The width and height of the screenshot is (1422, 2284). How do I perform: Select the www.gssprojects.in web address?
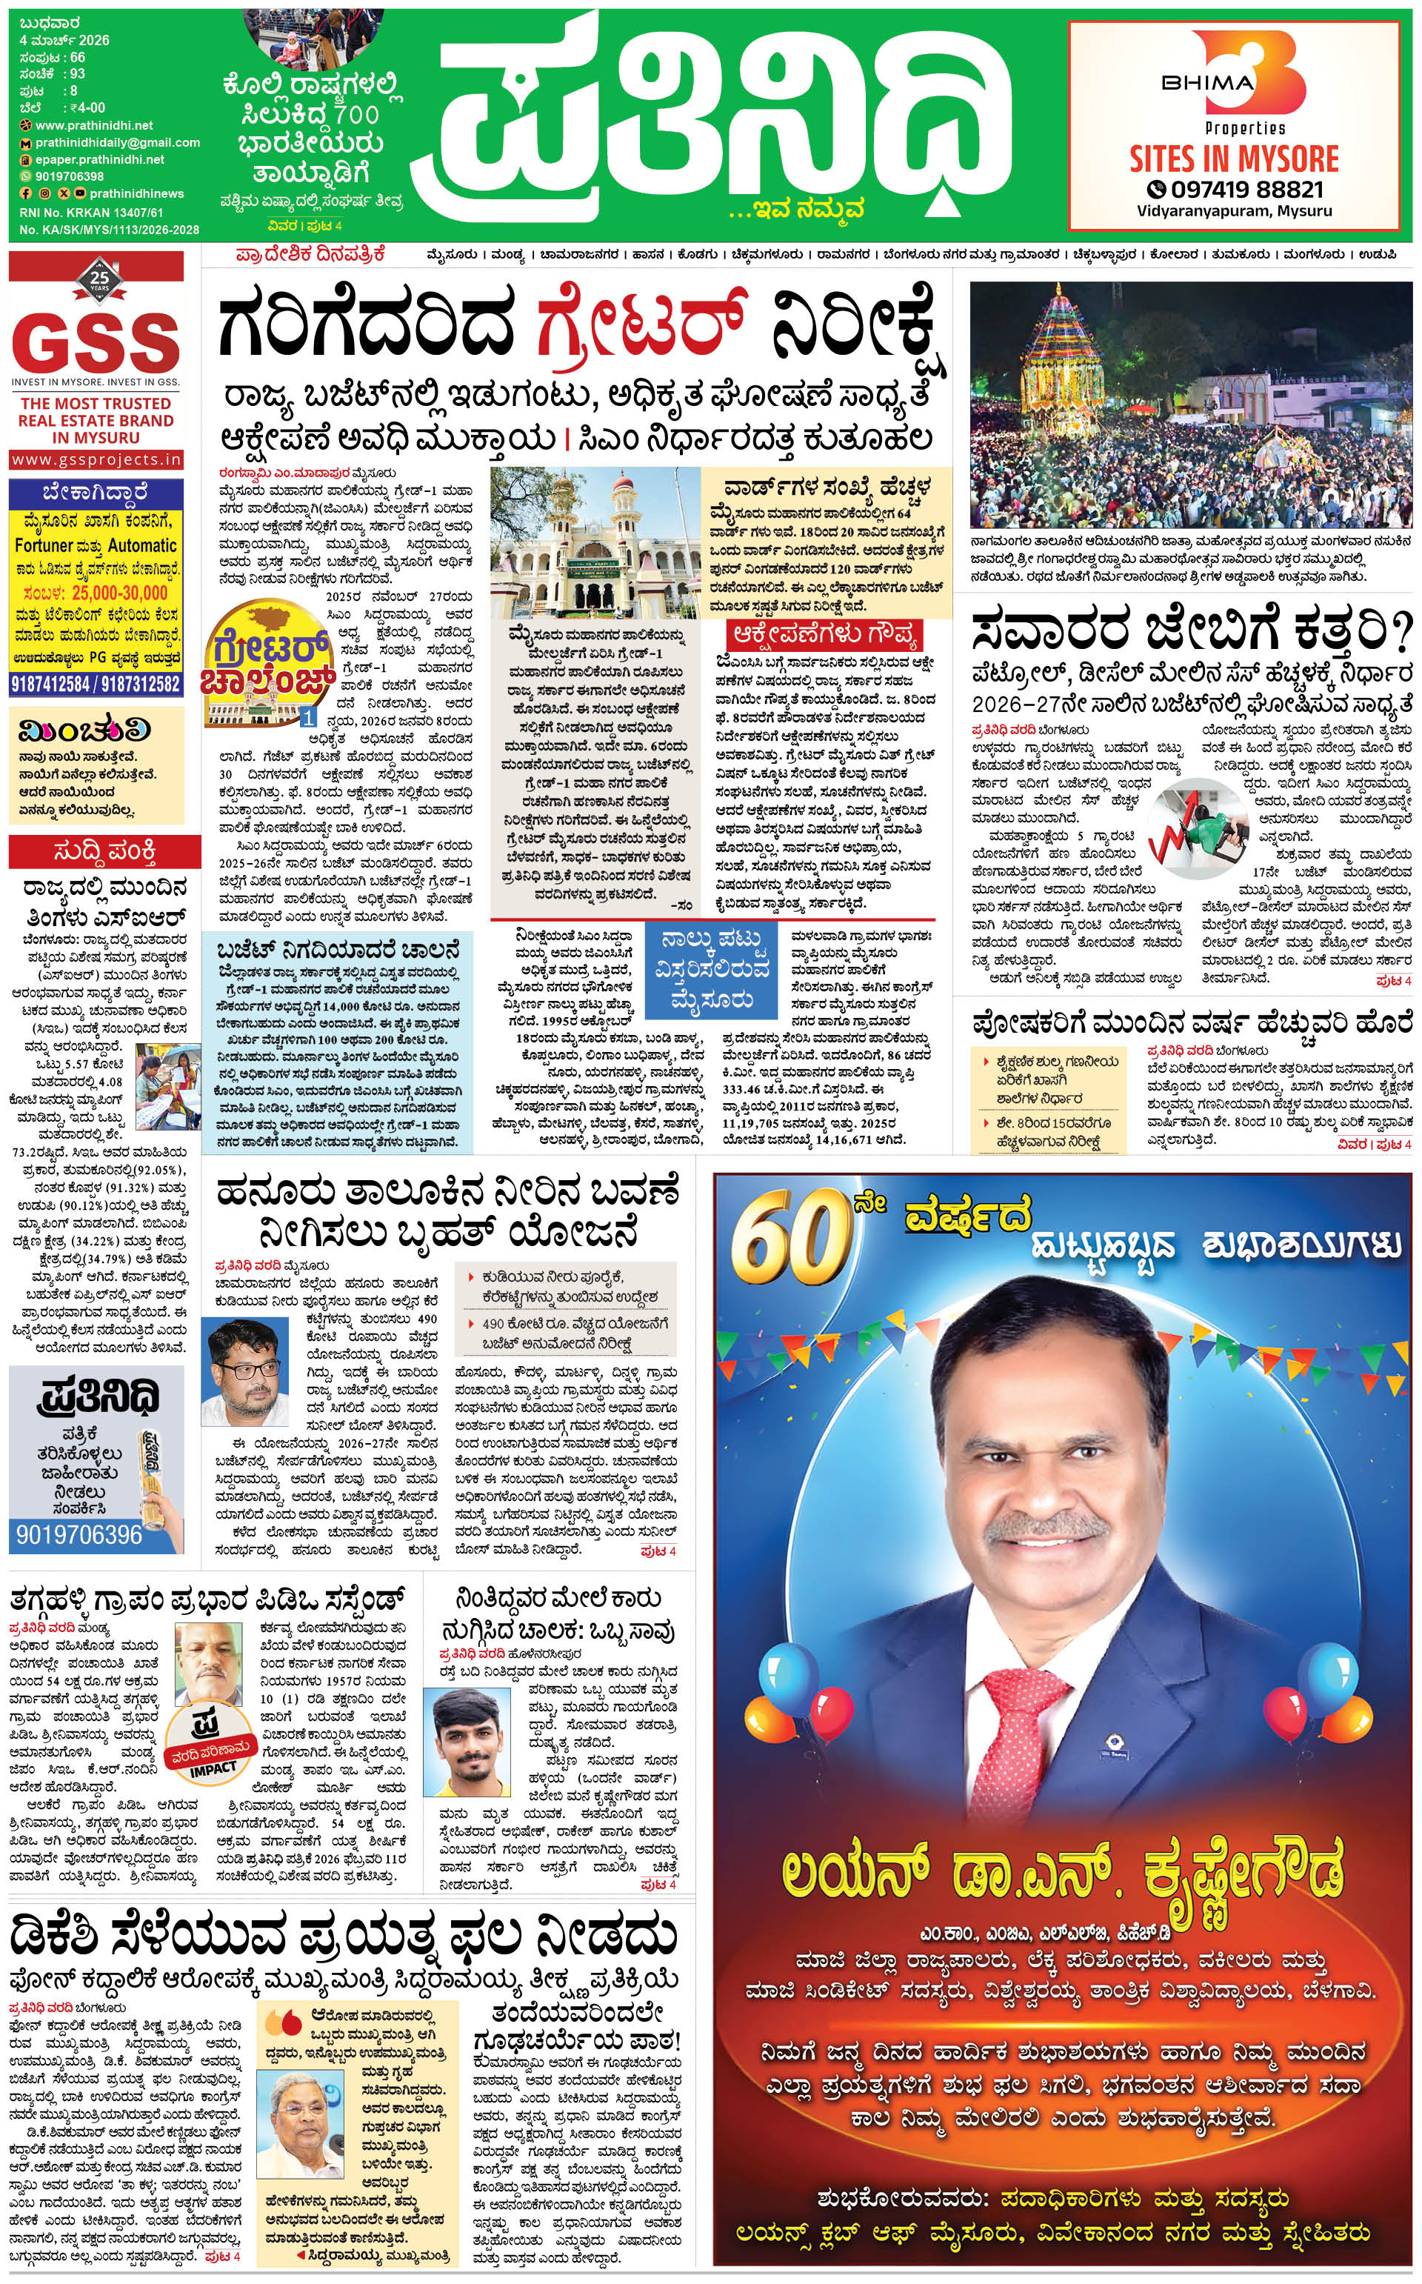click(96, 460)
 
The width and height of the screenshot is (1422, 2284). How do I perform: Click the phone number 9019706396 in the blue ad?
click(79, 1535)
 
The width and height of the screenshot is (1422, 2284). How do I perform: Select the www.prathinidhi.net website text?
click(94, 125)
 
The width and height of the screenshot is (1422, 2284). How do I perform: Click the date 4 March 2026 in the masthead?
click(65, 41)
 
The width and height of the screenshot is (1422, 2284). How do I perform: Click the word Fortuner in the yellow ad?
click(43, 545)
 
